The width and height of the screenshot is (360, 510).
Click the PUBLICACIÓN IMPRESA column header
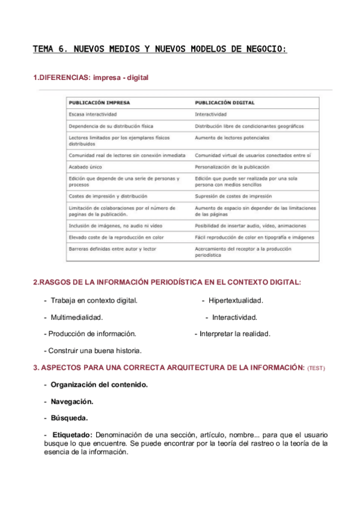tap(99, 102)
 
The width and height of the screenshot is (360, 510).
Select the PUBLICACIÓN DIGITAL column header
tap(225, 102)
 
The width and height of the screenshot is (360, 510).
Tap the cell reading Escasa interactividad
tap(93, 114)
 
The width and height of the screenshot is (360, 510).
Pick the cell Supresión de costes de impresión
tap(233, 196)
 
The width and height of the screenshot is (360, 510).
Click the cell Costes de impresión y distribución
tap(108, 196)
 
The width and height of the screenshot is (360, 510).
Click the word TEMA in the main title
tap(44, 49)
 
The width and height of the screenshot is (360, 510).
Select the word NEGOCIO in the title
tap(264, 49)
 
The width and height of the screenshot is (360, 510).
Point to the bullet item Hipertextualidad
tap(236, 300)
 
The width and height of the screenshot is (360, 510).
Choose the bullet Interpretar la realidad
tap(235, 333)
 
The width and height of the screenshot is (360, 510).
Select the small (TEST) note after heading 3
tap(316, 367)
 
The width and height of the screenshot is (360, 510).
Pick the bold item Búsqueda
tap(69, 417)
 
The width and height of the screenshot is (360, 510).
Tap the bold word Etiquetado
tap(72, 434)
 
